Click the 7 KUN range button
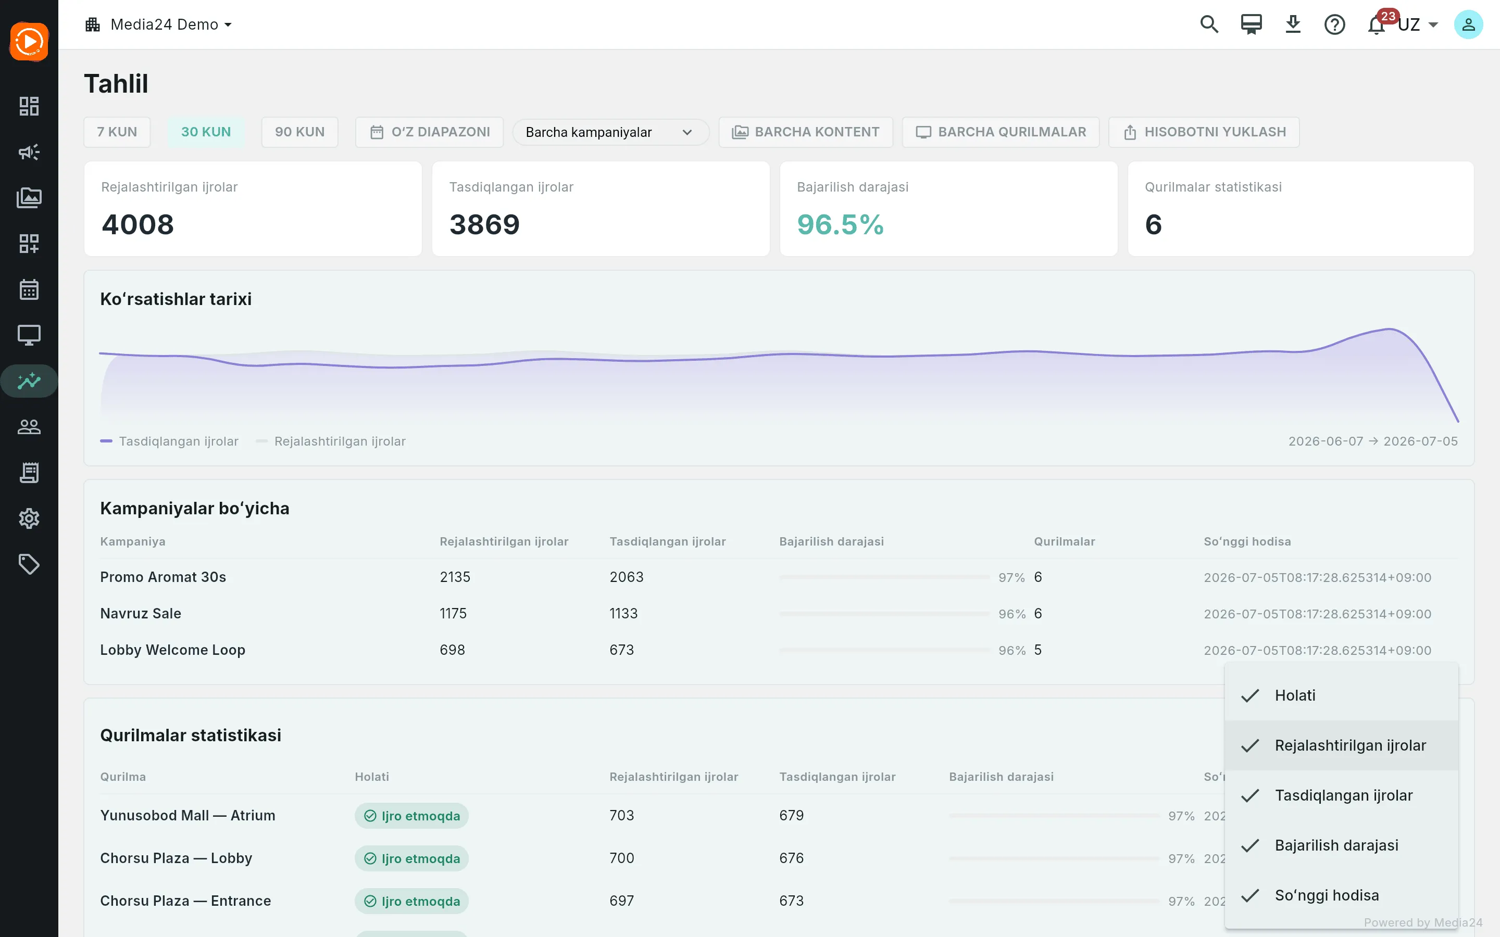tap(117, 132)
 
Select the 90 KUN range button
tap(299, 132)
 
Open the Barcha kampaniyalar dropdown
tap(610, 132)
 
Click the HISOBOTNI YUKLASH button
tap(1204, 132)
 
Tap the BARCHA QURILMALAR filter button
tap(1001, 132)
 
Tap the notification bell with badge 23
tap(1377, 25)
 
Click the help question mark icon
tap(1334, 25)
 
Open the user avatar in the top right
tap(1468, 25)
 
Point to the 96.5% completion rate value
tap(840, 224)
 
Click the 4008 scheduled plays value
tap(137, 224)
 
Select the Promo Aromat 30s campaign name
tap(163, 577)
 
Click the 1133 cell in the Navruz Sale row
tap(623, 614)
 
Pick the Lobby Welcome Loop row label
tap(173, 650)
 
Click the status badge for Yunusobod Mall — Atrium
tap(411, 816)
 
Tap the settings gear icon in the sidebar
tap(29, 518)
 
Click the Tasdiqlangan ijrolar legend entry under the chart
tap(169, 441)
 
